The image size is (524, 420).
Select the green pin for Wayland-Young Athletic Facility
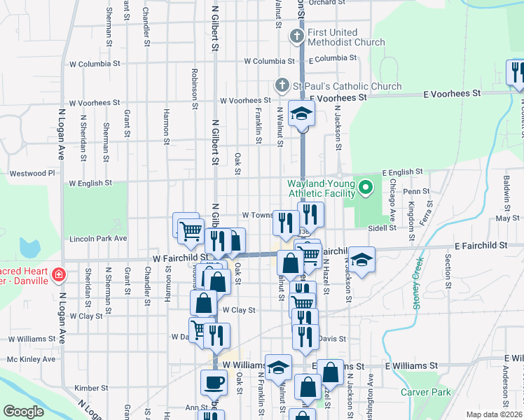(x=364, y=188)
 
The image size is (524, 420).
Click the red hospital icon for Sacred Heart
(x=59, y=274)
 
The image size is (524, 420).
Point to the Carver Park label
(x=425, y=392)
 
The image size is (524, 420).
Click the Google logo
(x=24, y=412)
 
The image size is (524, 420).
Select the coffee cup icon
(x=214, y=382)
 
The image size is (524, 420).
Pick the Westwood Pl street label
(x=32, y=173)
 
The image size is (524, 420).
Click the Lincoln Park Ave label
(x=98, y=239)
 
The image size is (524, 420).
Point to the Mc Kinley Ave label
(x=31, y=359)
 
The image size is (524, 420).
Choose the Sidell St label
(x=382, y=227)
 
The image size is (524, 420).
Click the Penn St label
(x=416, y=190)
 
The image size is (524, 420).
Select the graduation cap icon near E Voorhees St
(x=302, y=113)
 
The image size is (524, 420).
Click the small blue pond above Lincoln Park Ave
(x=29, y=247)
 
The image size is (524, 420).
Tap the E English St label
(x=402, y=171)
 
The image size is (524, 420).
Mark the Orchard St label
(x=327, y=3)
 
